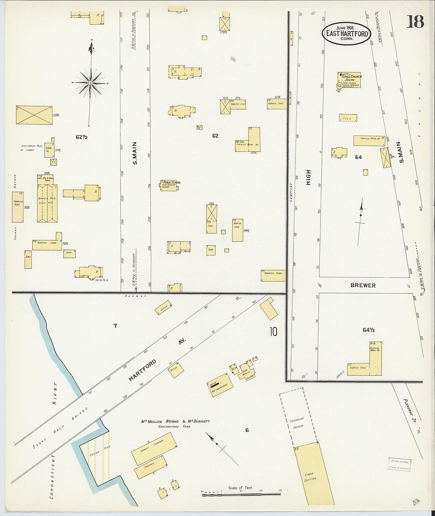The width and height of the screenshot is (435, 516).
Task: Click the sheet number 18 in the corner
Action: click(x=415, y=21)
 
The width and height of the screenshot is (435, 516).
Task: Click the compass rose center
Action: click(x=90, y=83)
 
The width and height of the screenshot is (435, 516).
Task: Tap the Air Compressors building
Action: click(x=220, y=385)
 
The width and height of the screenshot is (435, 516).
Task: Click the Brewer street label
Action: click(x=363, y=285)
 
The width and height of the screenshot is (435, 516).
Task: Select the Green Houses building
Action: click(x=47, y=203)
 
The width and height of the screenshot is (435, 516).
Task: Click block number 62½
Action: click(x=81, y=137)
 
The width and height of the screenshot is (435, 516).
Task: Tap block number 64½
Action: click(x=369, y=330)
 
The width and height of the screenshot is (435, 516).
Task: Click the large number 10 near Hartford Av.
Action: click(x=273, y=331)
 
